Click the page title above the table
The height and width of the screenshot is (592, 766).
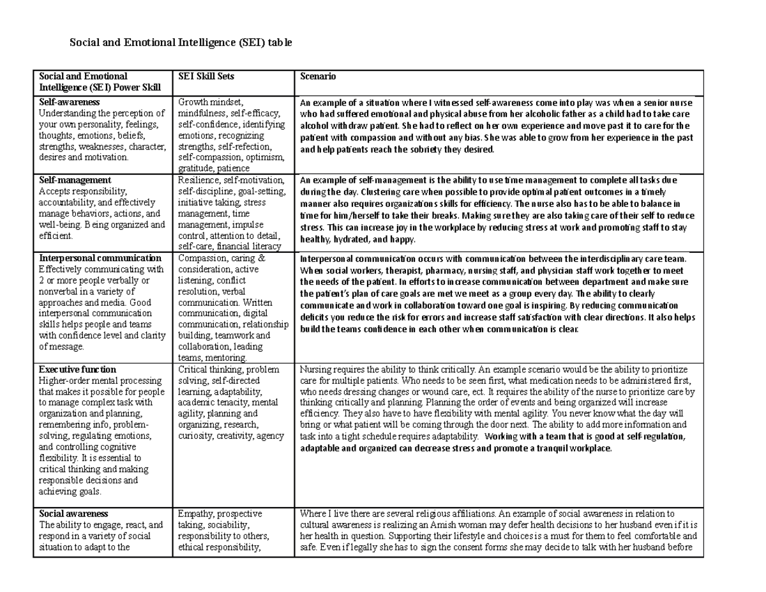(181, 43)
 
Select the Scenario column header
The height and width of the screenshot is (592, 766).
(318, 77)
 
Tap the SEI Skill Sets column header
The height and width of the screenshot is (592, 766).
(206, 77)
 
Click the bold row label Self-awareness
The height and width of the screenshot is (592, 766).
(69, 102)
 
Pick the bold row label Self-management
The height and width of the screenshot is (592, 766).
(75, 180)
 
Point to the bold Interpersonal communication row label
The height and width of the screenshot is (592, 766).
(100, 258)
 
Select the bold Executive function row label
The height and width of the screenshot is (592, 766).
(77, 369)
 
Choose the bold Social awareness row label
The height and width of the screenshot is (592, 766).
(73, 513)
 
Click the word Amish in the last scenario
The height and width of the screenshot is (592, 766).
(430, 525)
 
